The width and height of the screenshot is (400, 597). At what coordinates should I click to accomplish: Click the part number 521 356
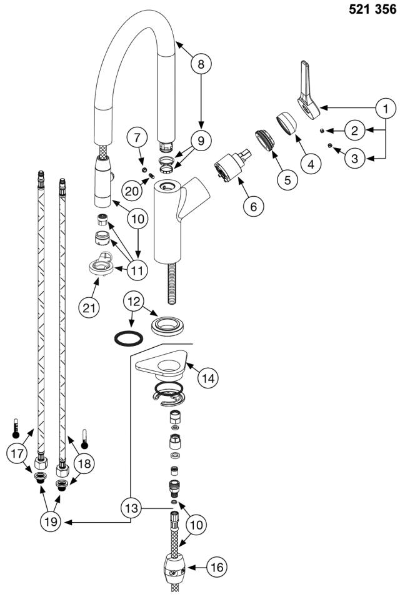coord(372,9)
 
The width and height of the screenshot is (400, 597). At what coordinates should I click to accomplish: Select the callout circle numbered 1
coord(386,109)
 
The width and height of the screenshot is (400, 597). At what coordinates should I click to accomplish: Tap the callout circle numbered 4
coord(311,164)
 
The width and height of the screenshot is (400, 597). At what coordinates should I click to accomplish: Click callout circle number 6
coord(254,206)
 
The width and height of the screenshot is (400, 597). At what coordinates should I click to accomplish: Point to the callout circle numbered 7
coord(137,138)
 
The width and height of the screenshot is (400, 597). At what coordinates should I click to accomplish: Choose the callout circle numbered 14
coord(208,378)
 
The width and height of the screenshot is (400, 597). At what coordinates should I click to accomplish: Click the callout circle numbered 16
coord(217,567)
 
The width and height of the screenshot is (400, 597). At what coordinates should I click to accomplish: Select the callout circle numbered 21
coord(89,307)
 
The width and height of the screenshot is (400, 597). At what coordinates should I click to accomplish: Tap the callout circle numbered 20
coord(132,190)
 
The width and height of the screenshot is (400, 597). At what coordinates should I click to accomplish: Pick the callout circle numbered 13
coord(131,508)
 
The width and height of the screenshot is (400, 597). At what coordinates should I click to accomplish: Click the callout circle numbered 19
coord(51,521)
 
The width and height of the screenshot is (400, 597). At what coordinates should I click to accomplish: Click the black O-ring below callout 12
coord(129,338)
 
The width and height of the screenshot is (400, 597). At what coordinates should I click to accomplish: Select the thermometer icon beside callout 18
coord(84,438)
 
